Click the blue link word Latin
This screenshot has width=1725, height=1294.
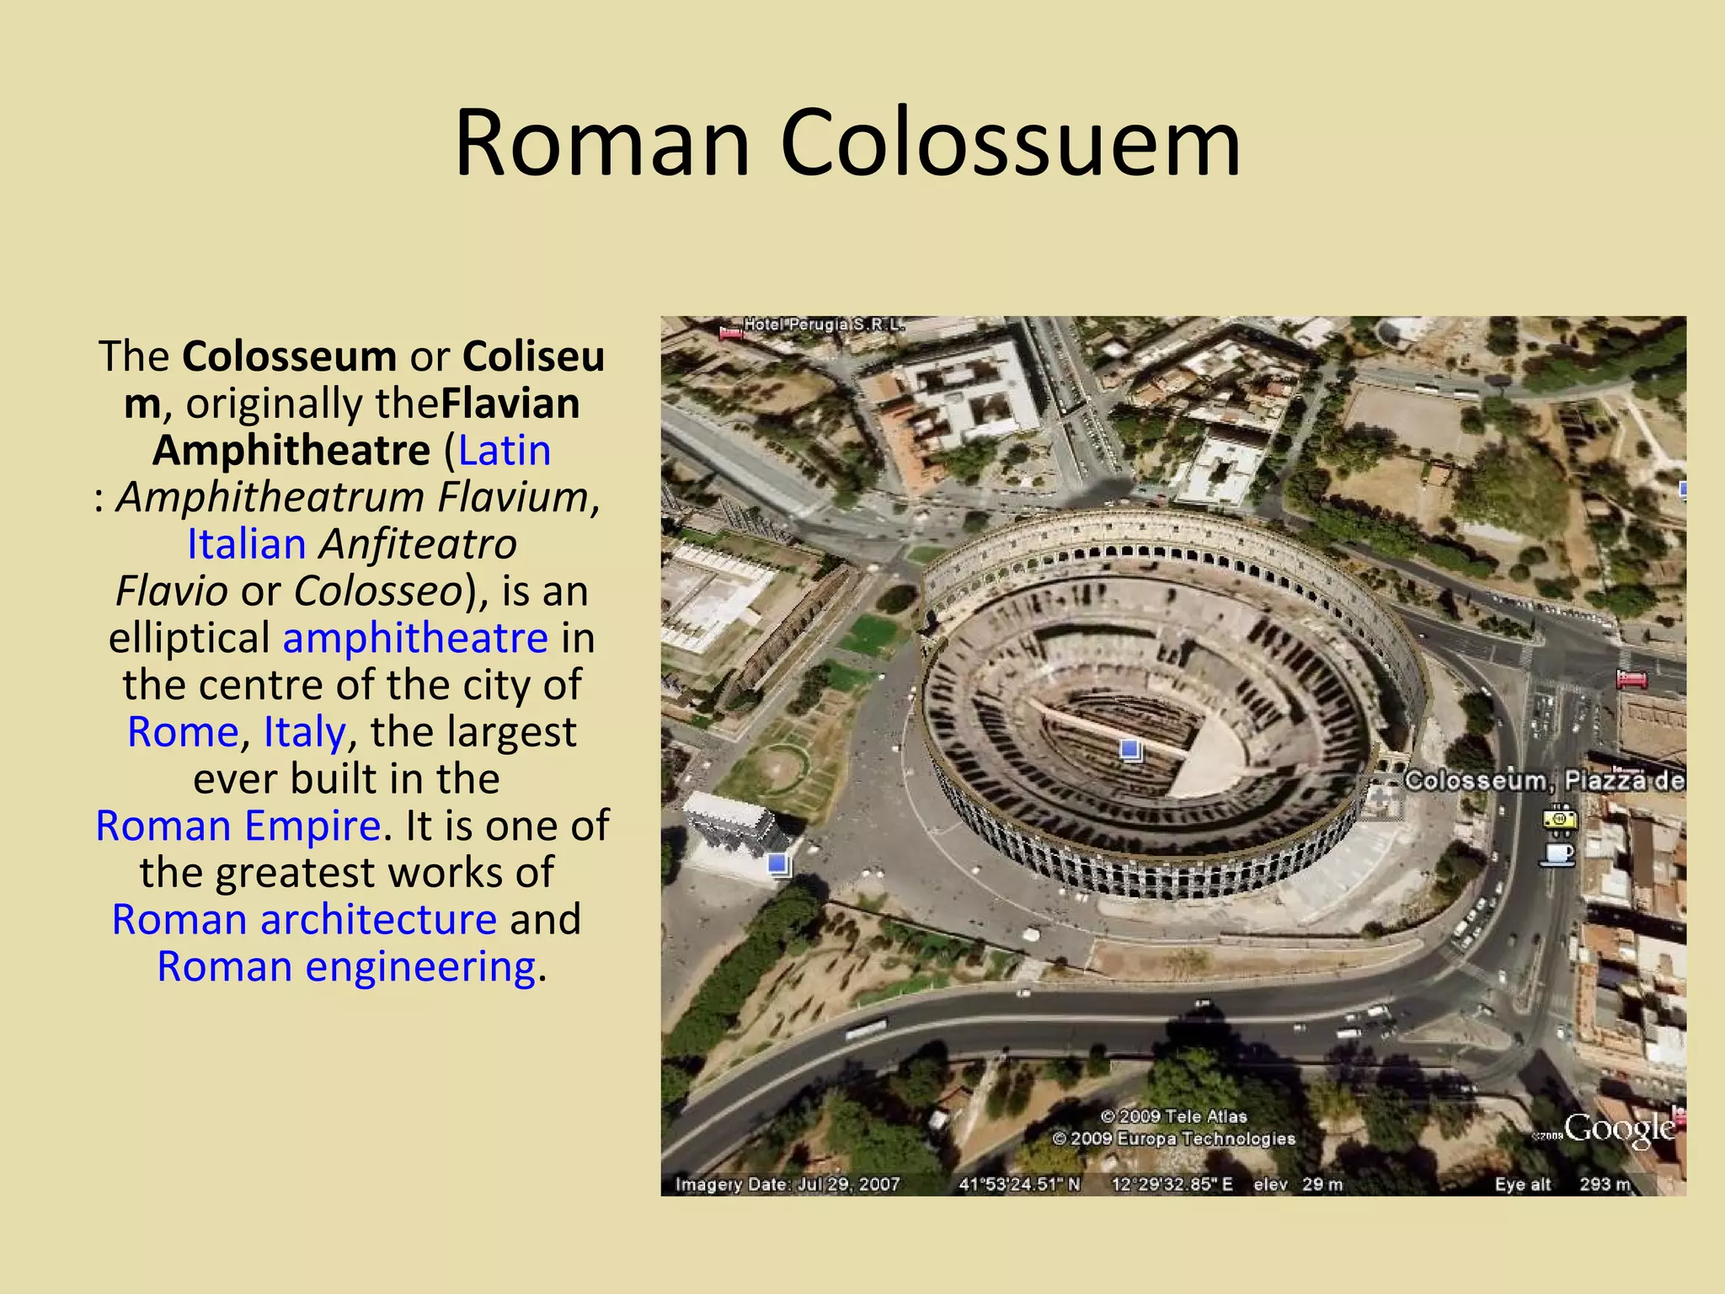click(x=505, y=451)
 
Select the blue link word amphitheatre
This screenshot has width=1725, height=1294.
click(x=415, y=638)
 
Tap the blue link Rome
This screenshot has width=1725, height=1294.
click(x=183, y=732)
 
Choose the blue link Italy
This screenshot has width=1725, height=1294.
click(x=305, y=732)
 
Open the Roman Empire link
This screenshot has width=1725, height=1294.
click(x=238, y=826)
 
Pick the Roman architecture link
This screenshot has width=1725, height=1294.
click(x=304, y=919)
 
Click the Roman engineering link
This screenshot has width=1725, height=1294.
click(x=346, y=966)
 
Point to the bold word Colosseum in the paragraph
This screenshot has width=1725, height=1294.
click(x=290, y=356)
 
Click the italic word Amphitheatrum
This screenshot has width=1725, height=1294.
click(x=270, y=497)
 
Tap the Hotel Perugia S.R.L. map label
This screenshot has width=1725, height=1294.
click(x=824, y=324)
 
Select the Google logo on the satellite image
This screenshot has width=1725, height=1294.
click(x=1619, y=1129)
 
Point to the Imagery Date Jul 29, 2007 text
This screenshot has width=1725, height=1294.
click(x=788, y=1184)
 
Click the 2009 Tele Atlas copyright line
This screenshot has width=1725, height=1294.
click(x=1173, y=1116)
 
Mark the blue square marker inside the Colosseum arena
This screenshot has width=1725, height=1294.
click(x=1130, y=749)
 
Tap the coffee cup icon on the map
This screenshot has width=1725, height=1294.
click(x=1557, y=854)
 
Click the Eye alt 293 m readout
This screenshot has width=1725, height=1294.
click(x=1562, y=1184)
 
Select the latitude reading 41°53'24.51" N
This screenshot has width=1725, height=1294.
click(x=1019, y=1184)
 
